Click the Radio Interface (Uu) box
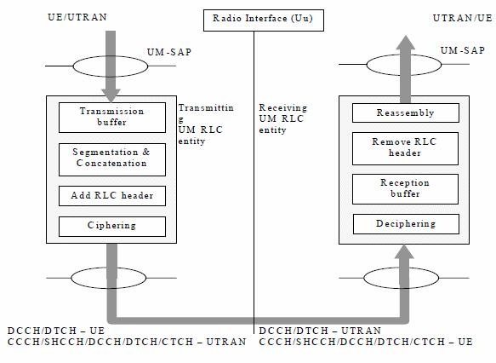pyautogui.click(x=264, y=20)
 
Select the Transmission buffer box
pyautogui.click(x=112, y=118)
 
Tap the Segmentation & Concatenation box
pyautogui.click(x=112, y=159)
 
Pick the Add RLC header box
pyautogui.click(x=112, y=196)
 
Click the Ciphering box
pyautogui.click(x=112, y=227)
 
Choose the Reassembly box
pyautogui.click(x=406, y=112)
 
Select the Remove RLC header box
pyautogui.click(x=405, y=148)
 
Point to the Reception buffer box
pyautogui.click(x=405, y=189)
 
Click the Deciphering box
pyautogui.click(x=406, y=224)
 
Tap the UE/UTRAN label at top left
pyautogui.click(x=77, y=17)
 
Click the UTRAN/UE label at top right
pyautogui.click(x=462, y=18)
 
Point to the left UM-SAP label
pyautogui.click(x=169, y=52)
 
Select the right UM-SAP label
pyautogui.click(x=463, y=50)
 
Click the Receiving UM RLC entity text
pyautogui.click(x=282, y=118)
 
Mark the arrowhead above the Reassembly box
pyautogui.click(x=405, y=43)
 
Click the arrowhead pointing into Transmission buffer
pyautogui.click(x=111, y=95)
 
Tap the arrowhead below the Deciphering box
pyautogui.click(x=404, y=252)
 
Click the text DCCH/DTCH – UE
pyautogui.click(x=56, y=331)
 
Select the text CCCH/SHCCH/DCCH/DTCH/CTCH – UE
pyautogui.click(x=366, y=342)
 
